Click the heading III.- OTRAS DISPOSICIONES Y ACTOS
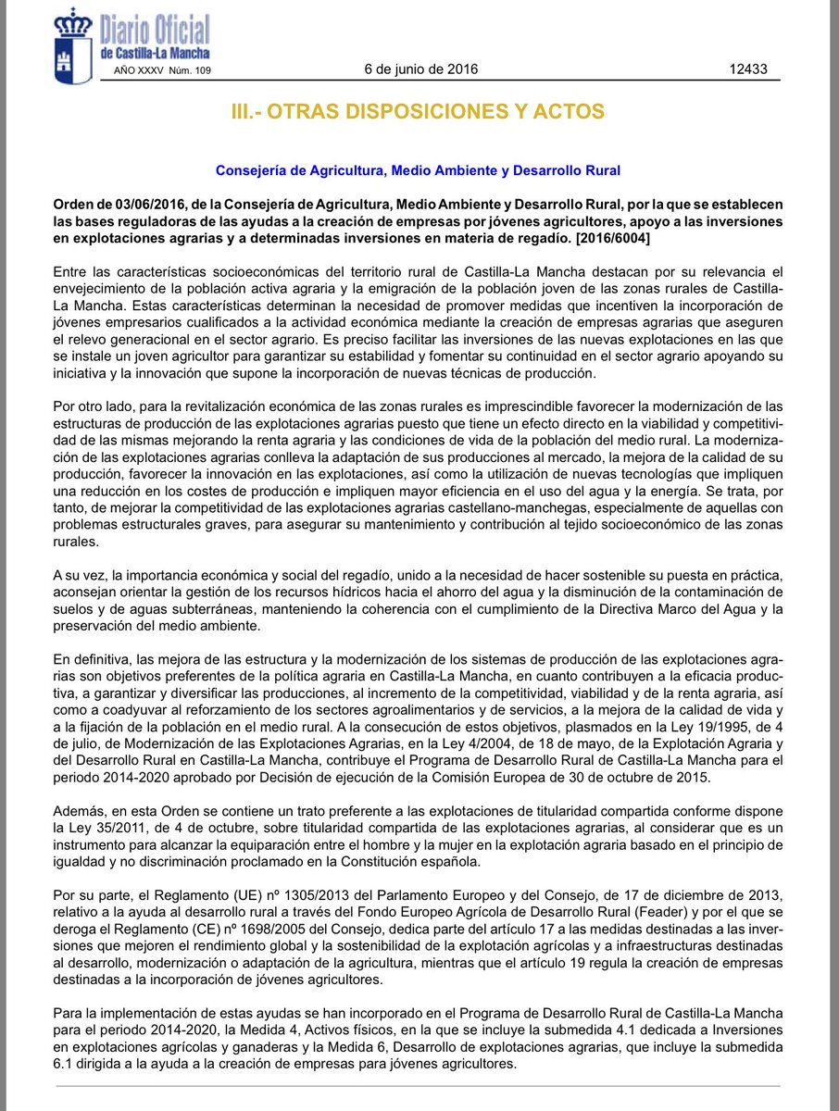(418, 112)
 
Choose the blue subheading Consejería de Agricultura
(418, 170)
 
